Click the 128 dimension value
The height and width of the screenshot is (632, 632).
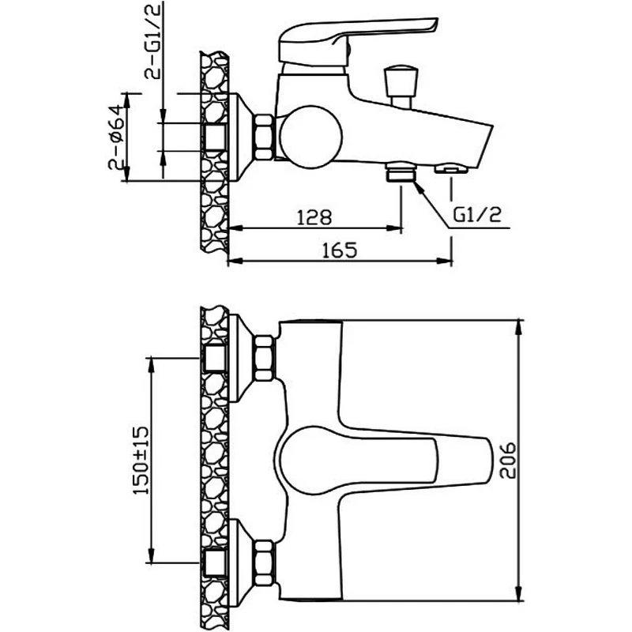coord(314,217)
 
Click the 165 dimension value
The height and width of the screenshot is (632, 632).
coord(340,250)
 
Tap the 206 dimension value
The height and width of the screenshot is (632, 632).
coord(507,461)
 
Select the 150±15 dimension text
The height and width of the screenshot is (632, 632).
coord(141,461)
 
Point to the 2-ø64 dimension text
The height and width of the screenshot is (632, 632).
coord(115,137)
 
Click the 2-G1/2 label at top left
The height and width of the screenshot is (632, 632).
coord(152,41)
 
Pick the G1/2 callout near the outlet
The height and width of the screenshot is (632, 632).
coord(477,215)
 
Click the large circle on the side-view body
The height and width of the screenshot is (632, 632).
coord(310,137)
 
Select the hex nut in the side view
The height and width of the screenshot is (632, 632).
coord(264,137)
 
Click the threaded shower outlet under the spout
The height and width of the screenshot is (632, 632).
coord(401,171)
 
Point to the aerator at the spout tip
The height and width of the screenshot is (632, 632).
coord(451,169)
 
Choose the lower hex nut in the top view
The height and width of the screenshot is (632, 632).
coord(265,562)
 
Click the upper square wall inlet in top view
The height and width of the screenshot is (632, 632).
coord(214,358)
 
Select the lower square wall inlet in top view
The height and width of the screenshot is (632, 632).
coord(214,562)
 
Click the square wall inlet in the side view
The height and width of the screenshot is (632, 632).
coord(214,137)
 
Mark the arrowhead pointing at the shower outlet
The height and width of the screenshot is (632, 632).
coord(419,189)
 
